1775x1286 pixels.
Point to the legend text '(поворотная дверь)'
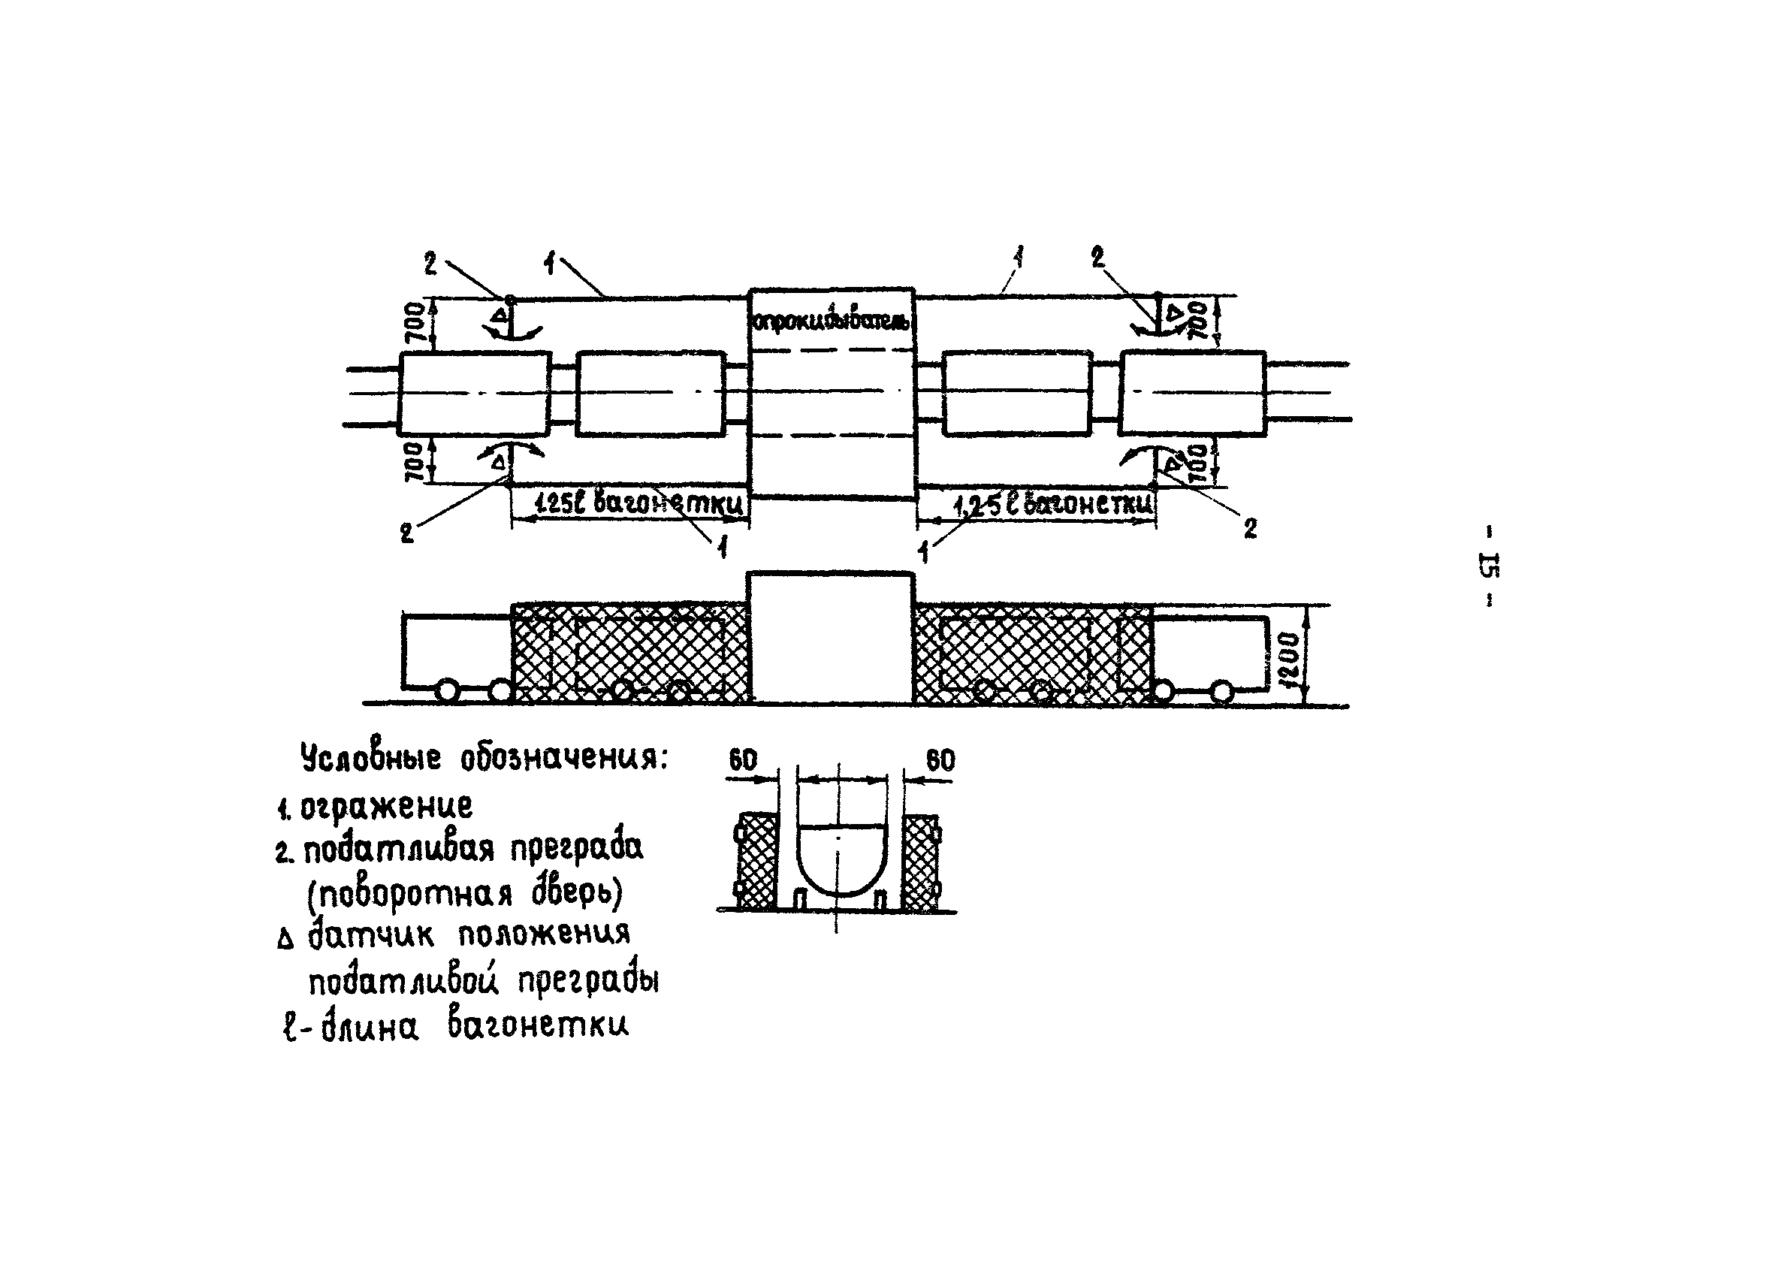click(x=465, y=893)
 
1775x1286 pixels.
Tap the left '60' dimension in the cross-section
click(x=743, y=759)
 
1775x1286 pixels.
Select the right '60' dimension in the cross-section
click(x=940, y=759)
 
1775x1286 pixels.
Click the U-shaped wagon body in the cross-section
click(x=841, y=859)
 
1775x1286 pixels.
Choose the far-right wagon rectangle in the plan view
click(x=1193, y=393)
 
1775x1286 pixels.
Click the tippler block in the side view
click(x=831, y=638)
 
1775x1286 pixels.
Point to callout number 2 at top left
click(x=430, y=264)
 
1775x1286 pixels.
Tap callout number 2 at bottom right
click(x=1250, y=528)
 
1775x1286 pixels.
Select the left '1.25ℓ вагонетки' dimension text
click(x=638, y=503)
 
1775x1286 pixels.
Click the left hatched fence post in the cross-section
click(x=757, y=862)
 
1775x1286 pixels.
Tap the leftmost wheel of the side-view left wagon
click(x=448, y=691)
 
